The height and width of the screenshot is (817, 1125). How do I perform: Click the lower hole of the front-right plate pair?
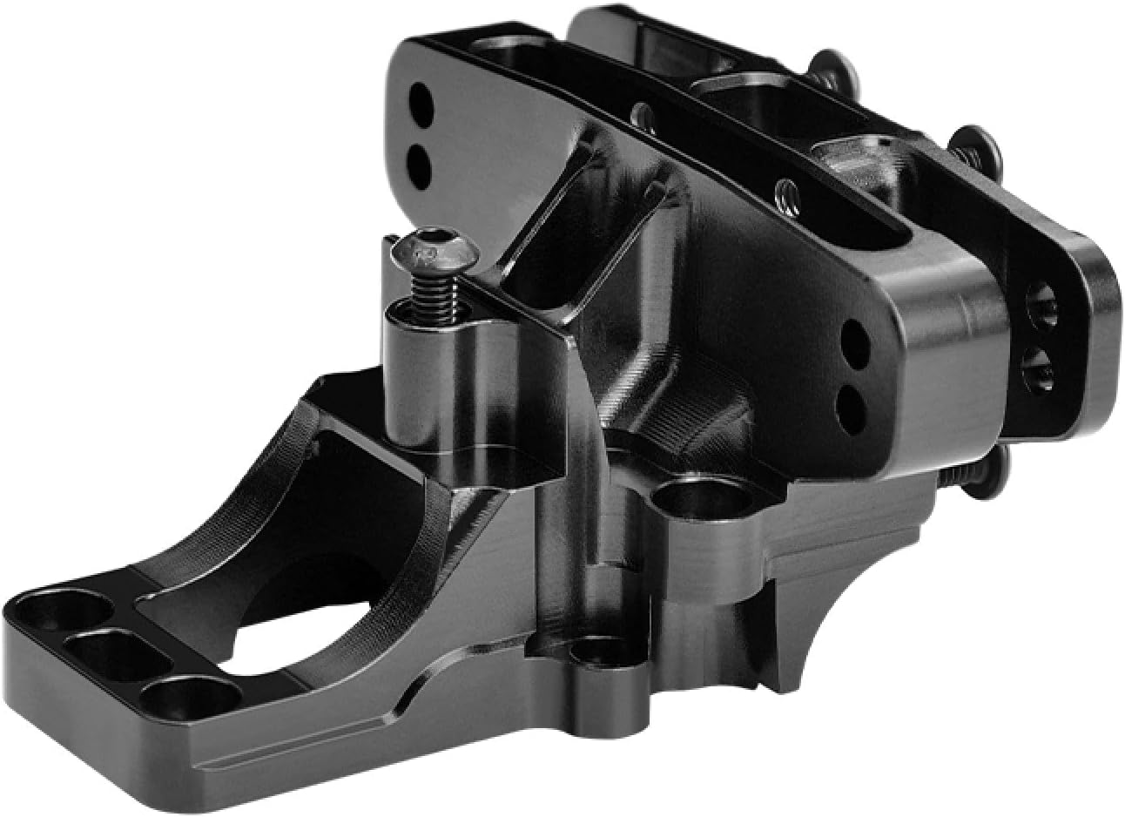852,402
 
